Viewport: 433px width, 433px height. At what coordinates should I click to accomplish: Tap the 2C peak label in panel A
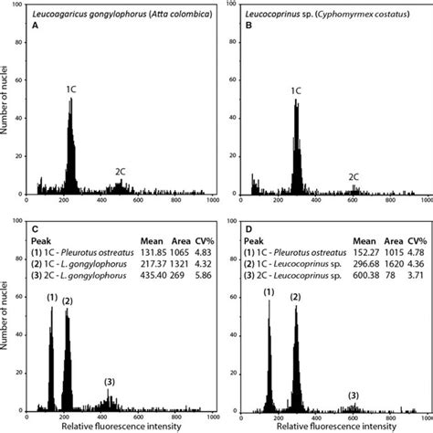point(121,171)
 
